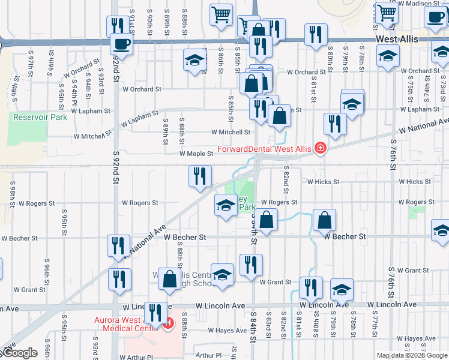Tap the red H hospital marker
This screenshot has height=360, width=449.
point(169,324)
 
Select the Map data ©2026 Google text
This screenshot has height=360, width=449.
point(412,355)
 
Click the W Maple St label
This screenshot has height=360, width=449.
point(196,154)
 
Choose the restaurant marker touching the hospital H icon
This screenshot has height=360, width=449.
point(155,313)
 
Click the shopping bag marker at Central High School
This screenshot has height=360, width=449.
point(170,278)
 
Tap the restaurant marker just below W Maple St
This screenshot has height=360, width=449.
point(200,176)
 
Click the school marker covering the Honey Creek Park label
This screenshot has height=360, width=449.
point(226,205)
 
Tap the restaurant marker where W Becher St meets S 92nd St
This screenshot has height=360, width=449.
point(118,245)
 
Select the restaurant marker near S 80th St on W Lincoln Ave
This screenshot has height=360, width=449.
point(310,288)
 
